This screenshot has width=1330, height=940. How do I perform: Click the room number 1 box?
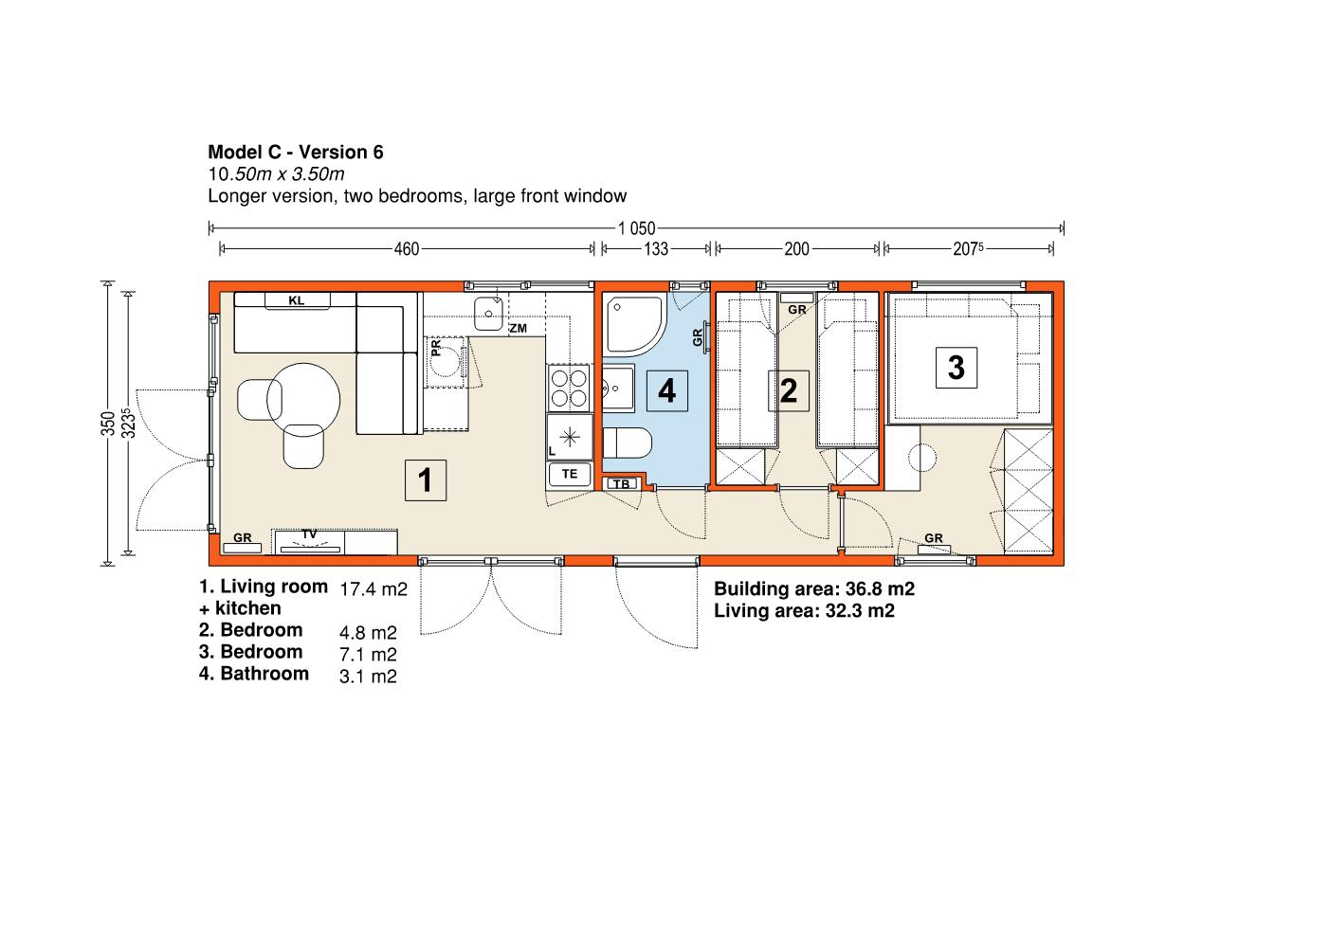point(425,480)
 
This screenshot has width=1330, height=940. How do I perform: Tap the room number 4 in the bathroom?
point(666,391)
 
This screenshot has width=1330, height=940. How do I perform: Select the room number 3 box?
point(956,368)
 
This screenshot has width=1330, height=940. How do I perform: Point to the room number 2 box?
point(789,390)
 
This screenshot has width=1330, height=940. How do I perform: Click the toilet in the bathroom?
point(628,443)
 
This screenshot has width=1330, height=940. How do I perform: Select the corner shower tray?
point(634,325)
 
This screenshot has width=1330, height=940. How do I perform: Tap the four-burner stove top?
point(570,389)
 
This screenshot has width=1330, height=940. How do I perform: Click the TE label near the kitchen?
point(570,474)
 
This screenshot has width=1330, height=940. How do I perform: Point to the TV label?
point(309,534)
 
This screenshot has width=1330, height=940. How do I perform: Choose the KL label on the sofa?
point(297,301)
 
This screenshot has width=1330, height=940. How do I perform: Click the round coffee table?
point(303,400)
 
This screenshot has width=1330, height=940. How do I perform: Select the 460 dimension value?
point(407,249)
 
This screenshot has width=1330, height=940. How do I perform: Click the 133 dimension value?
point(656,249)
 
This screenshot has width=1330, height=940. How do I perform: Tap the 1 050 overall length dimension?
point(636,228)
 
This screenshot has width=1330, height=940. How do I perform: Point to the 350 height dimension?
point(107,424)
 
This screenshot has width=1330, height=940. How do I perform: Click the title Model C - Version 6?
point(296,153)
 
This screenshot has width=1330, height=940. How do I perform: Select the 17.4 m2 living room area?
point(373,589)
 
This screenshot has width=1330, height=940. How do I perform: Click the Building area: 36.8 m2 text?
point(814,588)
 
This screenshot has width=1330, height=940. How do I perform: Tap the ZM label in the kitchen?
point(519,328)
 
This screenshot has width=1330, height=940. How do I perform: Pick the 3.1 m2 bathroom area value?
point(368,677)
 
